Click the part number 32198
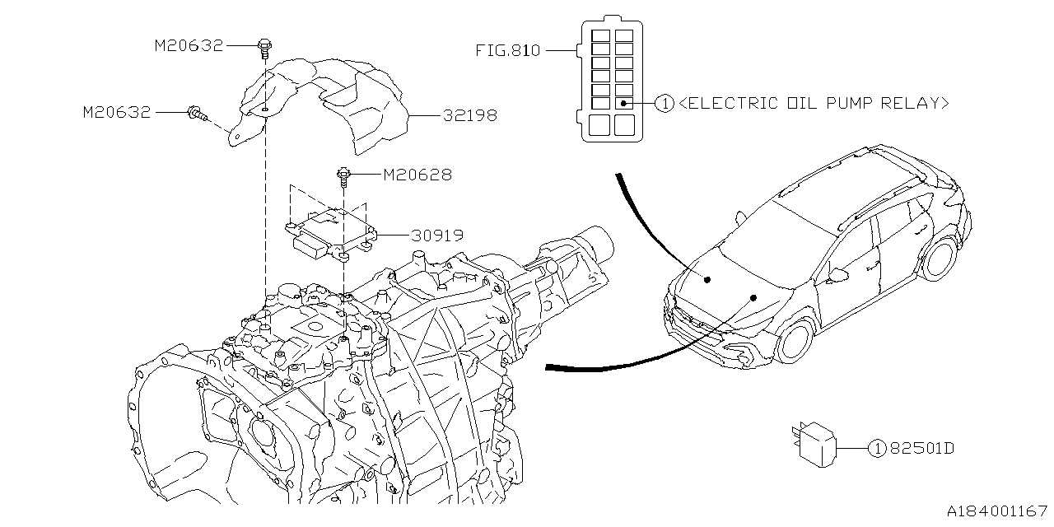pos(470,115)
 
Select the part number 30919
pos(437,236)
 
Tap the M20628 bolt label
pos(417,175)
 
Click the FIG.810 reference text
pos(508,50)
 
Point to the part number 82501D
pos(922,448)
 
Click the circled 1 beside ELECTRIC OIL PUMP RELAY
pos(665,104)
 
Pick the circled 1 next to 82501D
pos(877,449)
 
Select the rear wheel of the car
pos(938,258)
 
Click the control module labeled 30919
pos(331,234)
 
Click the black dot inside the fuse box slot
pos(623,103)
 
